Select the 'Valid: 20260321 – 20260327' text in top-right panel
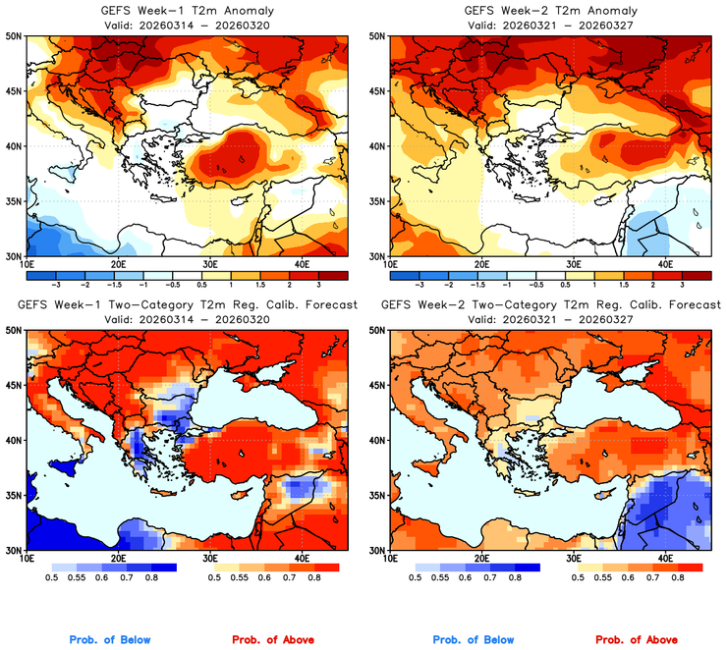tap(552, 25)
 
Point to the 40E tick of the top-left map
tap(302, 264)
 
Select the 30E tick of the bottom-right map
tap(574, 559)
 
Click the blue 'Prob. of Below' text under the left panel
tap(109, 639)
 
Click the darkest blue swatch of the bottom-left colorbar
tap(162, 568)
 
